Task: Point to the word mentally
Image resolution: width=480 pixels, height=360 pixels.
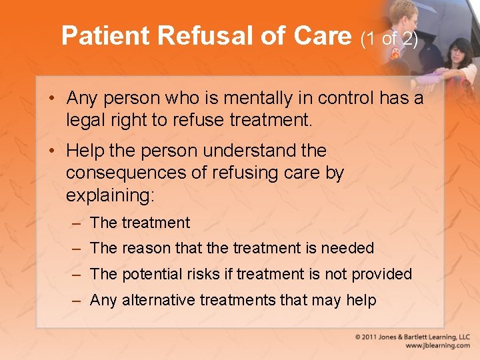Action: pos(256,99)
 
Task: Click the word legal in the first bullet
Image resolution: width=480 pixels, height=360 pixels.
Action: pos(84,120)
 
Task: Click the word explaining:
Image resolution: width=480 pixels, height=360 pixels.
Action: pos(110,195)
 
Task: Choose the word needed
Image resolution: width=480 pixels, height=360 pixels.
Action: pos(347,248)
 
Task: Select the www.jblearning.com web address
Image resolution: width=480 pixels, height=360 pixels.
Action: pos(437,346)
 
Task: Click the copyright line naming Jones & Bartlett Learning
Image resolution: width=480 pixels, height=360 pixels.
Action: pos(413,337)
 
